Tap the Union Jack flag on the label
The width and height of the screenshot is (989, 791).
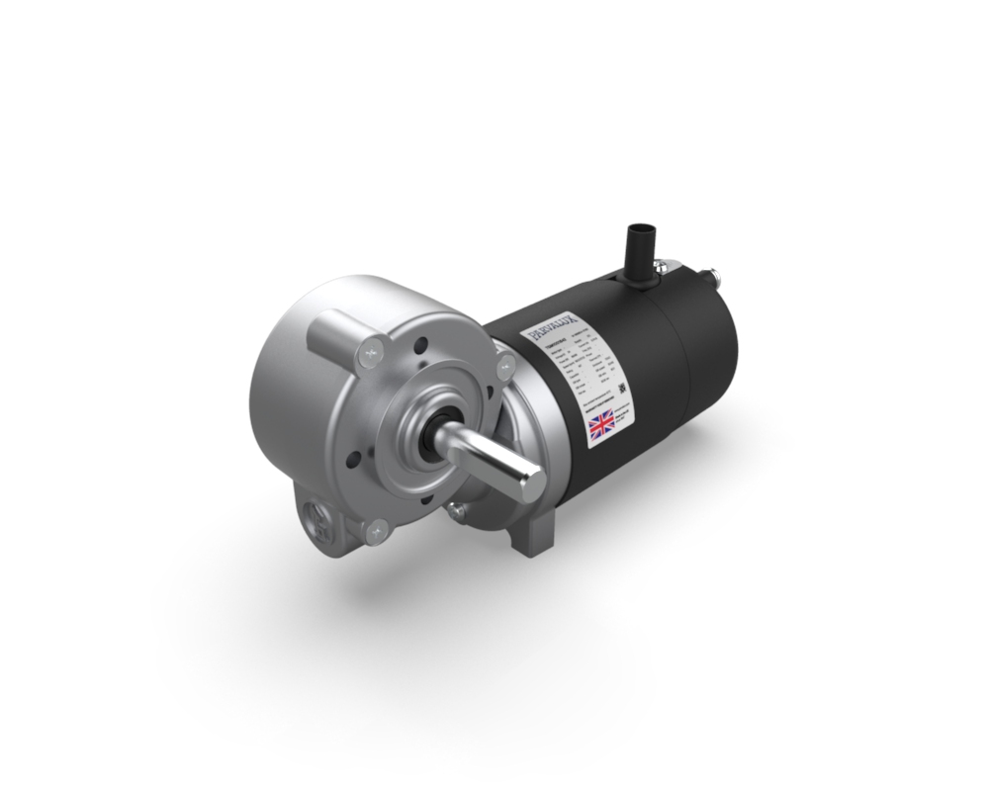601,427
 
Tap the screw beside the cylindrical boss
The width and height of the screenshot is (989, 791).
373,348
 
